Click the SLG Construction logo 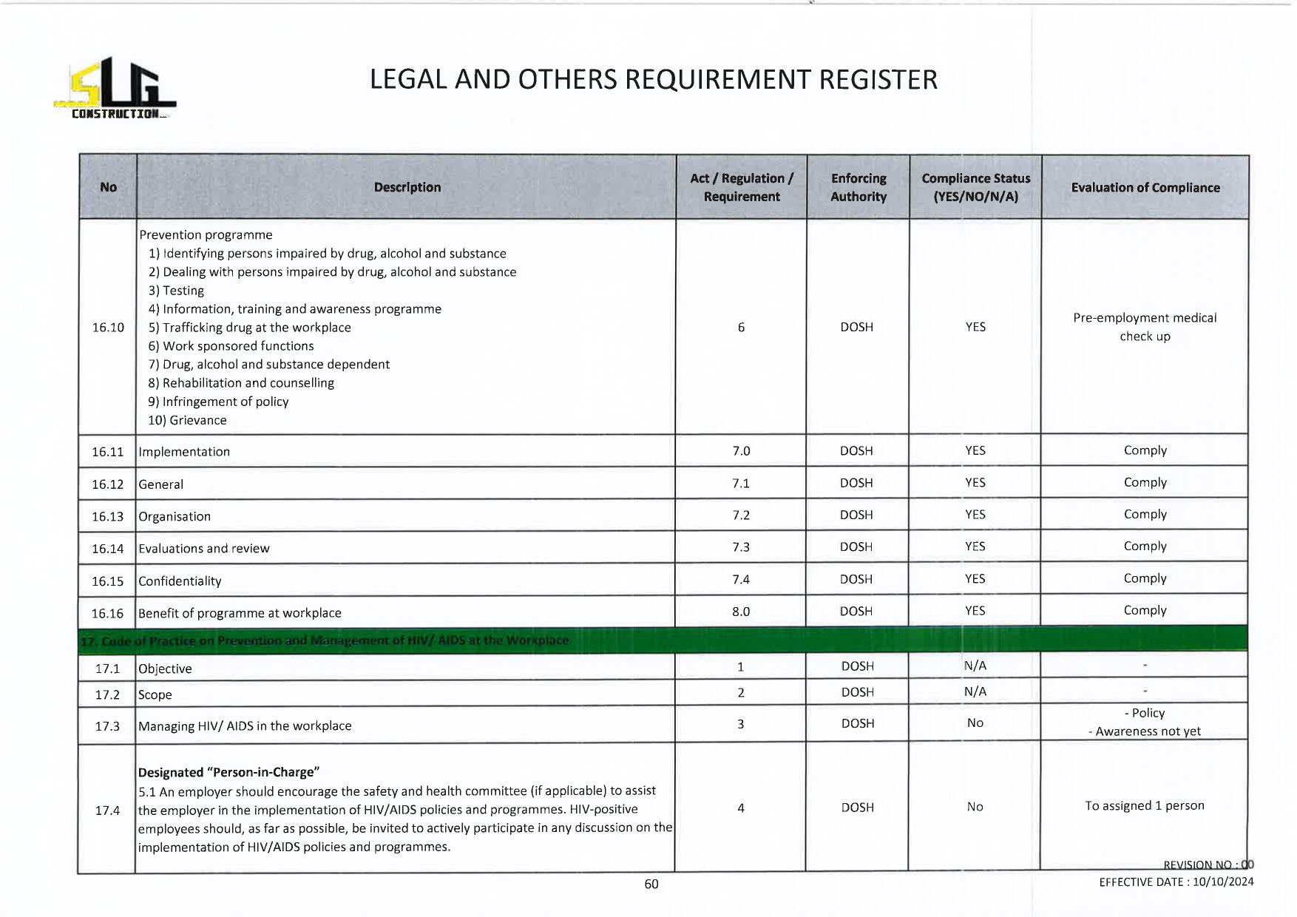click(115, 89)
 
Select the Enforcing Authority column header click(858, 187)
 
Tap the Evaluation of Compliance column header click(1145, 188)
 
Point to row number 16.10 click(108, 328)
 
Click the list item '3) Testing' click(176, 291)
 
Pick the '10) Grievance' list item click(187, 420)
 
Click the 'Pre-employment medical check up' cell click(1145, 327)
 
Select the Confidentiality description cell click(180, 581)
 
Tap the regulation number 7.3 click(741, 547)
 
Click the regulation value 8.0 click(741, 612)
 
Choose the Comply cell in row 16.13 click(1145, 515)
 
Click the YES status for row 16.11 click(975, 450)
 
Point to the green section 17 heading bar click(663, 640)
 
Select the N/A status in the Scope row click(975, 691)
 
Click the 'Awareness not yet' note click(1148, 731)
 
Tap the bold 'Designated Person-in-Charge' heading click(228, 772)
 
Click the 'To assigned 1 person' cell click(1144, 805)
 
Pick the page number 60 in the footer click(651, 884)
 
